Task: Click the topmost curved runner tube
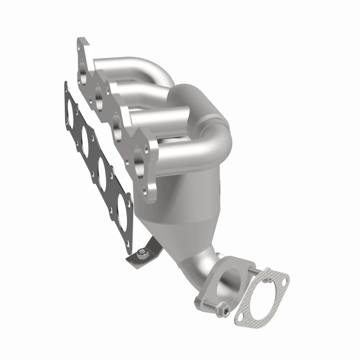point(135,70)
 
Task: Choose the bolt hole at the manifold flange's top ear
point(81,44)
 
